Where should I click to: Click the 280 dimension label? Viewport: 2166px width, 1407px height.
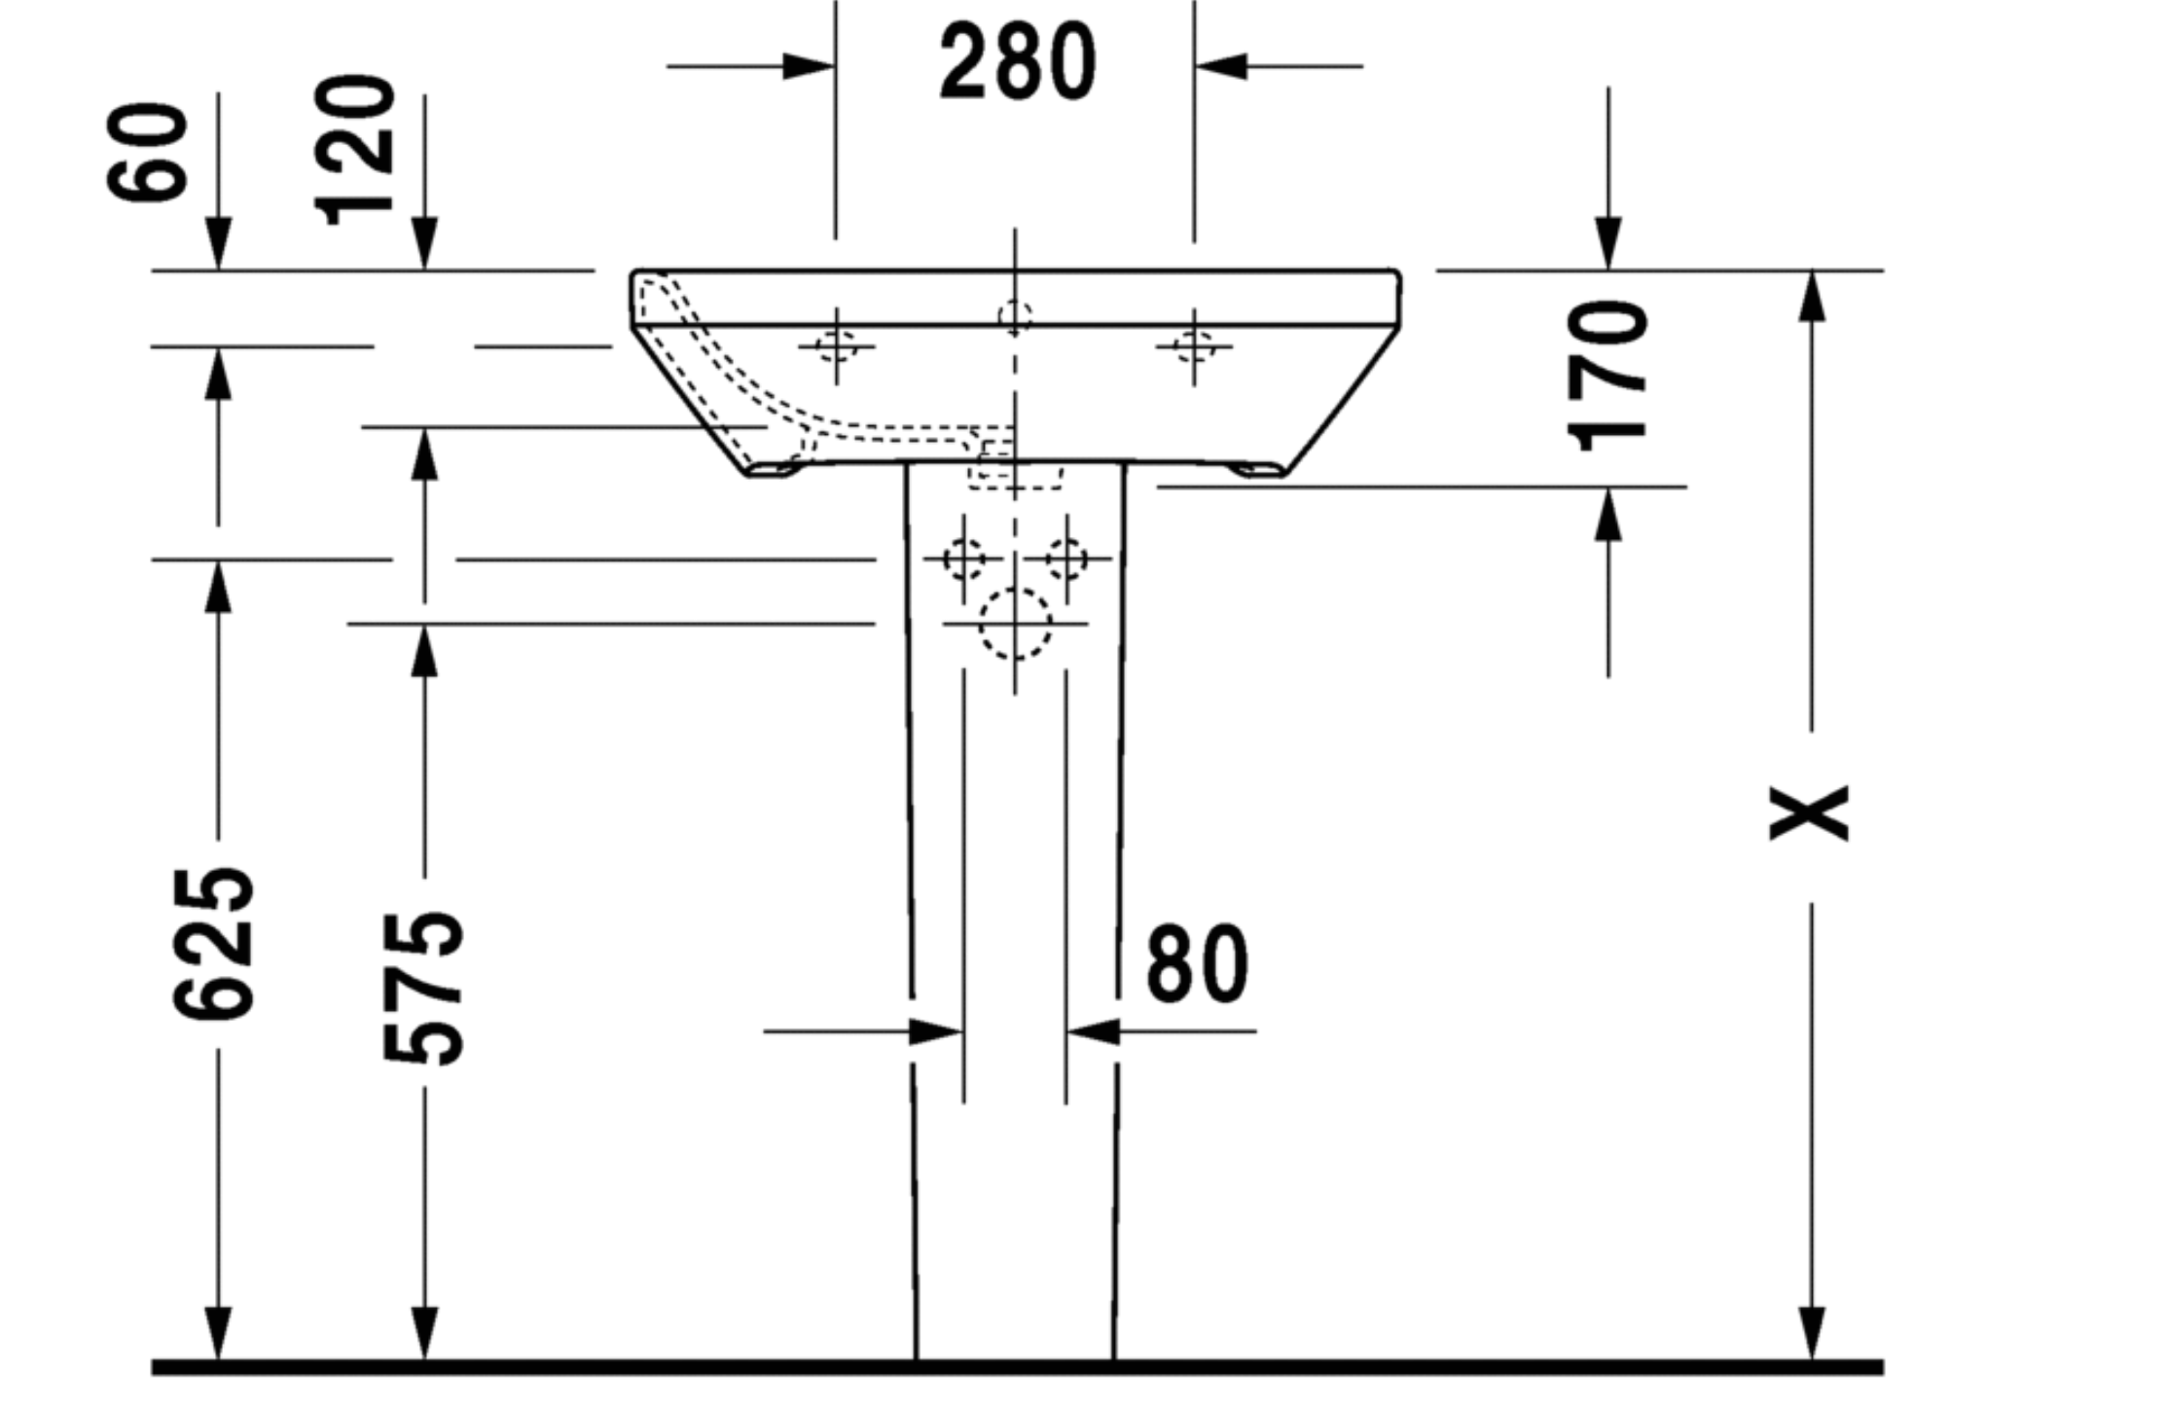[1017, 62]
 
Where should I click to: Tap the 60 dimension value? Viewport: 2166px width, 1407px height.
[148, 153]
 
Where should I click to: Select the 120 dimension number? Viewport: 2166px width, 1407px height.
[355, 150]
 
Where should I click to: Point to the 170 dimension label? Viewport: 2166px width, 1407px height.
[1607, 377]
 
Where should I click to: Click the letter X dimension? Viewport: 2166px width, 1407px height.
[1809, 812]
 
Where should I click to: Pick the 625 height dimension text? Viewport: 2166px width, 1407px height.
[213, 943]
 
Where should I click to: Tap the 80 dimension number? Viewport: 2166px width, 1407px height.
[1197, 963]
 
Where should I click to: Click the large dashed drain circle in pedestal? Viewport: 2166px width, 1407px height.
[1015, 624]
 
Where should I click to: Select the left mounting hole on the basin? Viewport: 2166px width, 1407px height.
[835, 346]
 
